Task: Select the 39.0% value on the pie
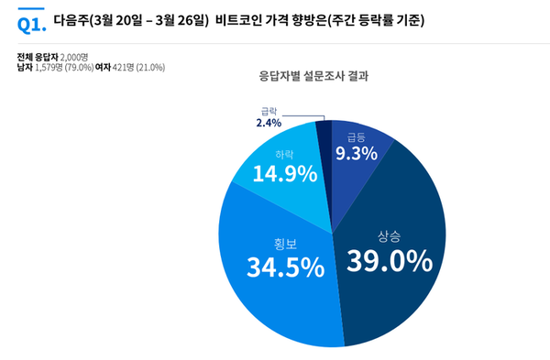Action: [389, 261]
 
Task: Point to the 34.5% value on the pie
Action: [285, 267]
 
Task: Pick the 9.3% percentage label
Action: [356, 154]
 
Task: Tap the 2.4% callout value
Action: [269, 124]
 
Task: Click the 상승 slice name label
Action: [390, 234]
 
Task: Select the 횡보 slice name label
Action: [286, 244]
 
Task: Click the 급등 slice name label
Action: [356, 136]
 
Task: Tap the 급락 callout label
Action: [269, 112]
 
